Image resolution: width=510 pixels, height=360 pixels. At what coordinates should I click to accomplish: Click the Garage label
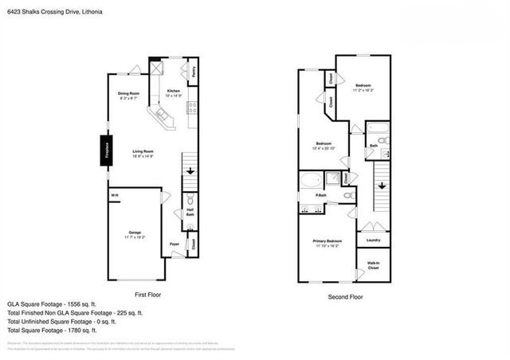coord(134,233)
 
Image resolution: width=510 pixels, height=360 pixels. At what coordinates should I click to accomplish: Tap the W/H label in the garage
coord(114,195)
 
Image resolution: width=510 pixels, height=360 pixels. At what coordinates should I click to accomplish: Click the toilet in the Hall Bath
coord(190,201)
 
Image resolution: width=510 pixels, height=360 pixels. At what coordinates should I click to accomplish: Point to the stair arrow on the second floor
coord(382,185)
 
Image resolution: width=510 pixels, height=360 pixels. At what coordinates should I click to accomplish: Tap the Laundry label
coord(373,240)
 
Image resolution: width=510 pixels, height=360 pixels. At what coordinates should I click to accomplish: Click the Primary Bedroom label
coord(328,241)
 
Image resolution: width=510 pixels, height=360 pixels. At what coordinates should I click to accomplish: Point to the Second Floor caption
coord(346,297)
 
